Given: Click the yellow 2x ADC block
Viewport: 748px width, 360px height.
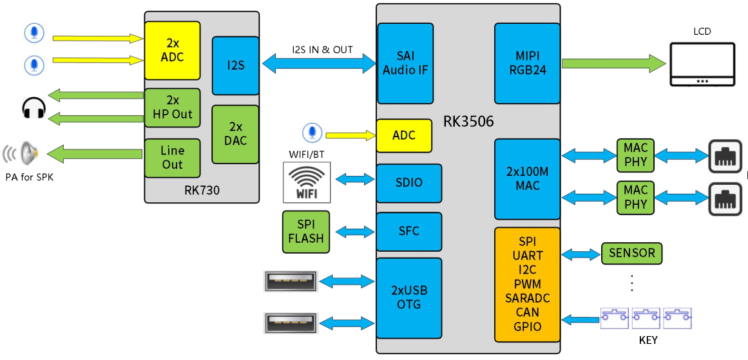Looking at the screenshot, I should (x=172, y=50).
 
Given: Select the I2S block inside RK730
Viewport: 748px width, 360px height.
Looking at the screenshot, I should (x=235, y=66).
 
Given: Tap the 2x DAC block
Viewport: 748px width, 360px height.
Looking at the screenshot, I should (x=235, y=134).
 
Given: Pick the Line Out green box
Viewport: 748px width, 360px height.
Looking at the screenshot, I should (x=172, y=158).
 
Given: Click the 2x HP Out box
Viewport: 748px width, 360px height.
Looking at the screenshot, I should (x=172, y=108).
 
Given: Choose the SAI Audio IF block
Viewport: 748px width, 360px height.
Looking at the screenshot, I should (x=405, y=63).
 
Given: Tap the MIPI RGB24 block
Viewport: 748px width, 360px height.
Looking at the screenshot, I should (x=526, y=63).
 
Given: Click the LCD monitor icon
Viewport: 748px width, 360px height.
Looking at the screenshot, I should (x=702, y=64).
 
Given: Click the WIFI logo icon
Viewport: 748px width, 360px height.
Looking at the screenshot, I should (x=307, y=182).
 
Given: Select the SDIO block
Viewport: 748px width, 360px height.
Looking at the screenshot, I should (x=409, y=183).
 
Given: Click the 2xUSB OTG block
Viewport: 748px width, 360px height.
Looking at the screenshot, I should (x=409, y=298).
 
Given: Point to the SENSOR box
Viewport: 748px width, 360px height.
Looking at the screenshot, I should (x=631, y=253).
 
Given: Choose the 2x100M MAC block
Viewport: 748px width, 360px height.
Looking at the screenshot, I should (x=527, y=179).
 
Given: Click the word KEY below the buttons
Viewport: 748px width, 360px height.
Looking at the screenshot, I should (x=648, y=339).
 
